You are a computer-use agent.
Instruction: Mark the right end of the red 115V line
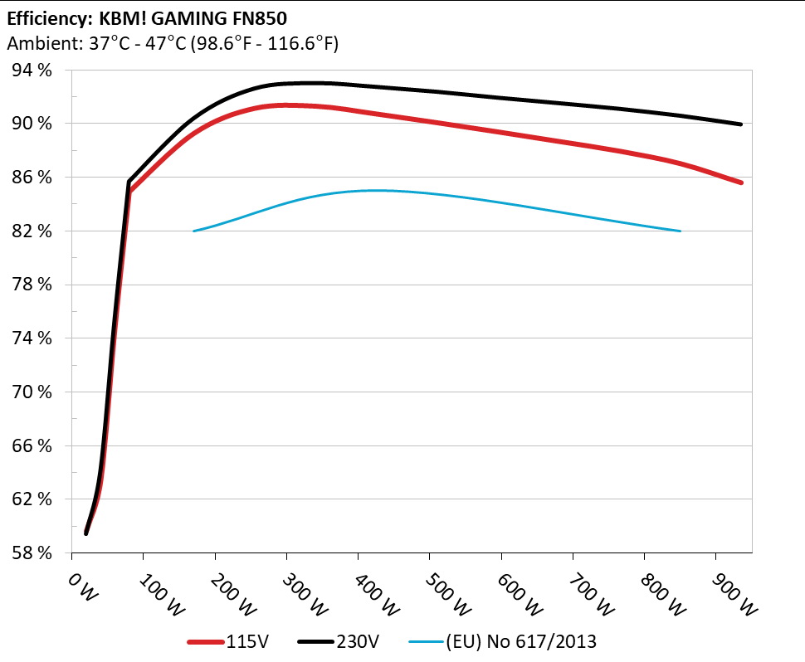pos(741,183)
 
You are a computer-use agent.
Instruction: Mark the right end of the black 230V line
pos(741,124)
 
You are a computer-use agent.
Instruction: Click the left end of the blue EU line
pos(193,231)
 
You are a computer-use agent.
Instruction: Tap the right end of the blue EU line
pos(681,231)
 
